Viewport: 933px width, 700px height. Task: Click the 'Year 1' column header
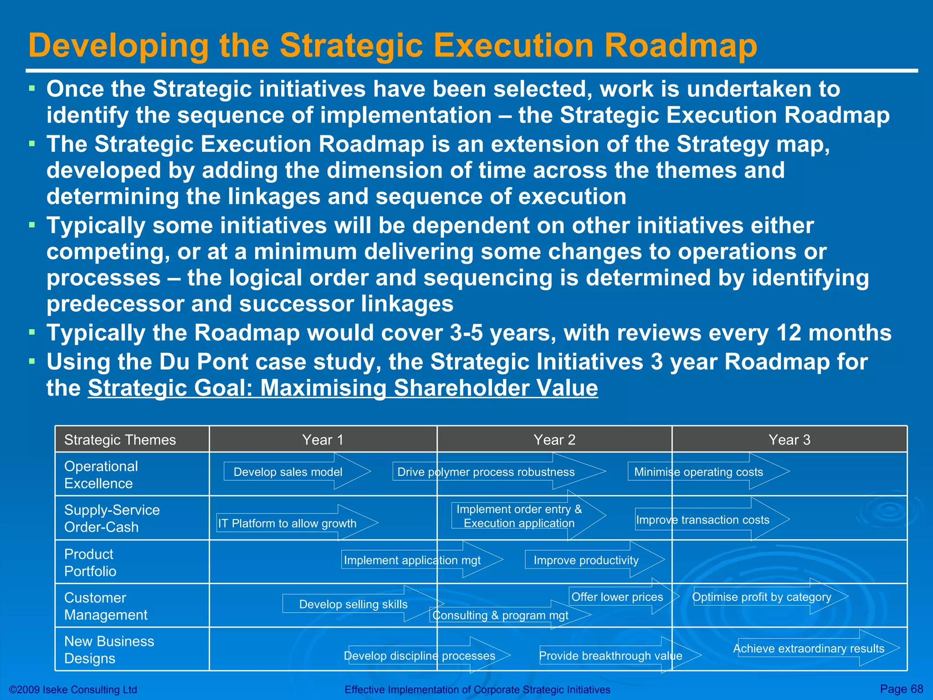pos(323,440)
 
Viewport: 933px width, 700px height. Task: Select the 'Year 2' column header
pos(554,440)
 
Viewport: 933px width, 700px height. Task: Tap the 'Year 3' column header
pos(789,440)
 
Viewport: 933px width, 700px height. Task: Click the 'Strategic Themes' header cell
pos(120,440)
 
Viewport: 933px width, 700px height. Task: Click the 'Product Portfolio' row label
pos(90,562)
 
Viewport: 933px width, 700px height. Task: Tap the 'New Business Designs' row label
pos(109,650)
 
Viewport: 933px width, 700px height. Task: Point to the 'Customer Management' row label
pos(106,606)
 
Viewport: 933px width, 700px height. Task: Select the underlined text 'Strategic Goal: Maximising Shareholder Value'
pos(343,388)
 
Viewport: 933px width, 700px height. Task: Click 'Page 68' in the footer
pos(901,689)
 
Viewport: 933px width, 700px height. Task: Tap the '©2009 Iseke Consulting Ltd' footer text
pos(73,690)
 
